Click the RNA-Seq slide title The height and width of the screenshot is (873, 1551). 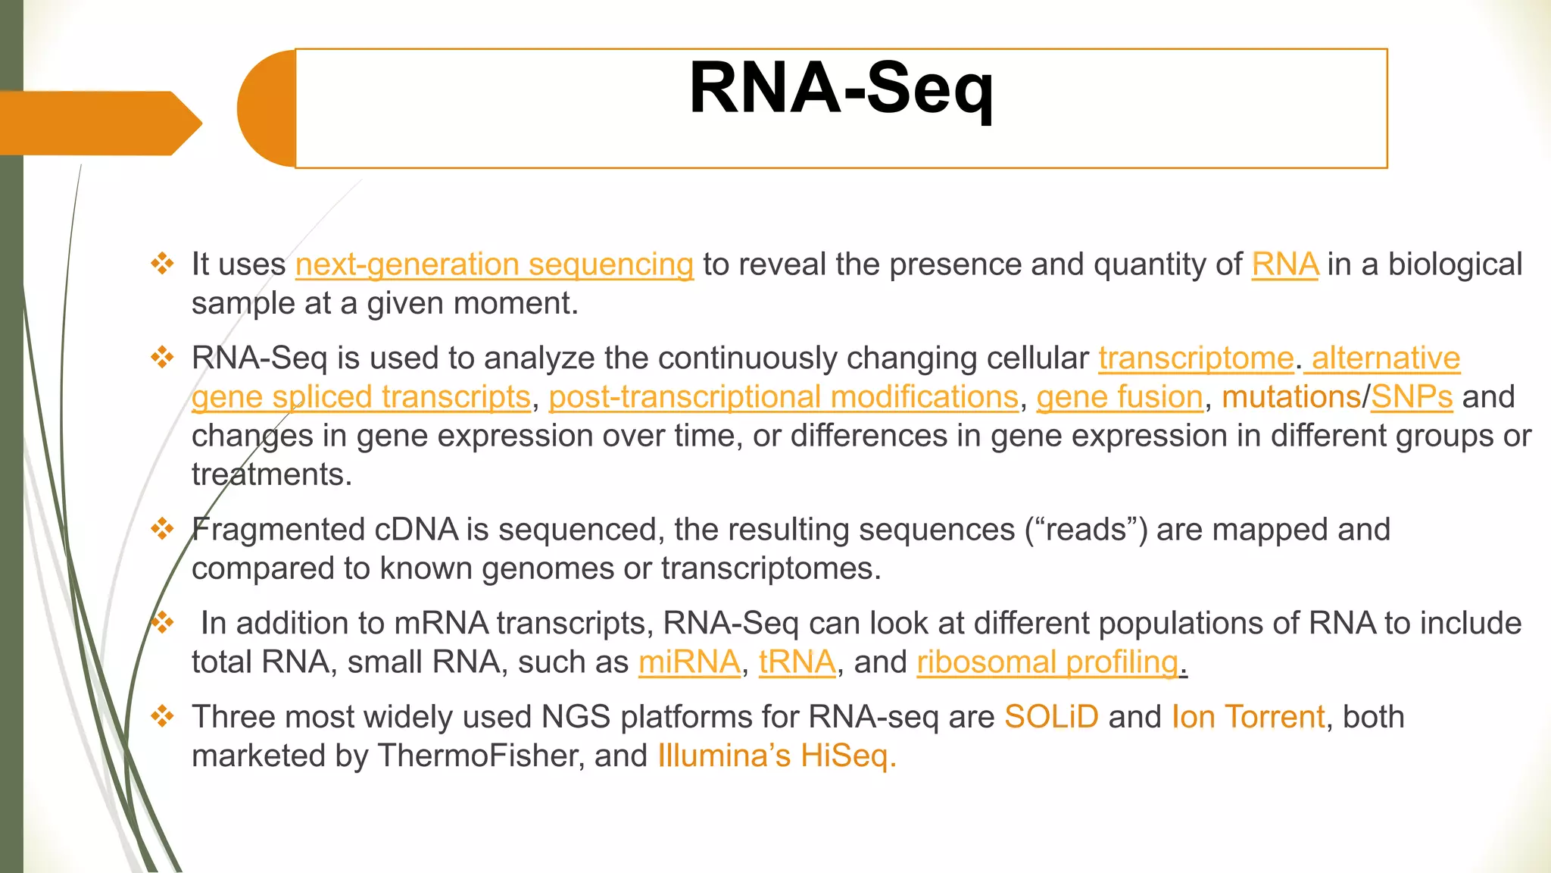(x=841, y=89)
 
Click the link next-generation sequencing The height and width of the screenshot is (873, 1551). (x=494, y=264)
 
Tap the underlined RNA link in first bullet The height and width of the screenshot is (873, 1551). (x=1284, y=264)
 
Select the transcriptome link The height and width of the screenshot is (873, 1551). (x=1196, y=358)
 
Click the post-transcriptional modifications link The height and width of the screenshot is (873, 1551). (x=783, y=397)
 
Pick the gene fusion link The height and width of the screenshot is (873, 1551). (x=1119, y=397)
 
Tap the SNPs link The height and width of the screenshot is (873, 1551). (x=1411, y=397)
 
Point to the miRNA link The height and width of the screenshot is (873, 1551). (x=688, y=662)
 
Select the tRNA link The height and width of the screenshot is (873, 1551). (x=797, y=662)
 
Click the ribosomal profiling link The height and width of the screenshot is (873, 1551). (x=1047, y=662)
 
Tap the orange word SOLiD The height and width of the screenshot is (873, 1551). (x=1051, y=717)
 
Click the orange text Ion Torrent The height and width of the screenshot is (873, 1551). (x=1247, y=717)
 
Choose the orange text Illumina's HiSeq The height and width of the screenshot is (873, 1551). (x=776, y=756)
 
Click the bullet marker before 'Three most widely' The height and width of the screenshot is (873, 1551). (x=162, y=715)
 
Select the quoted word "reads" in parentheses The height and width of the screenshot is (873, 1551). (x=1087, y=530)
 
